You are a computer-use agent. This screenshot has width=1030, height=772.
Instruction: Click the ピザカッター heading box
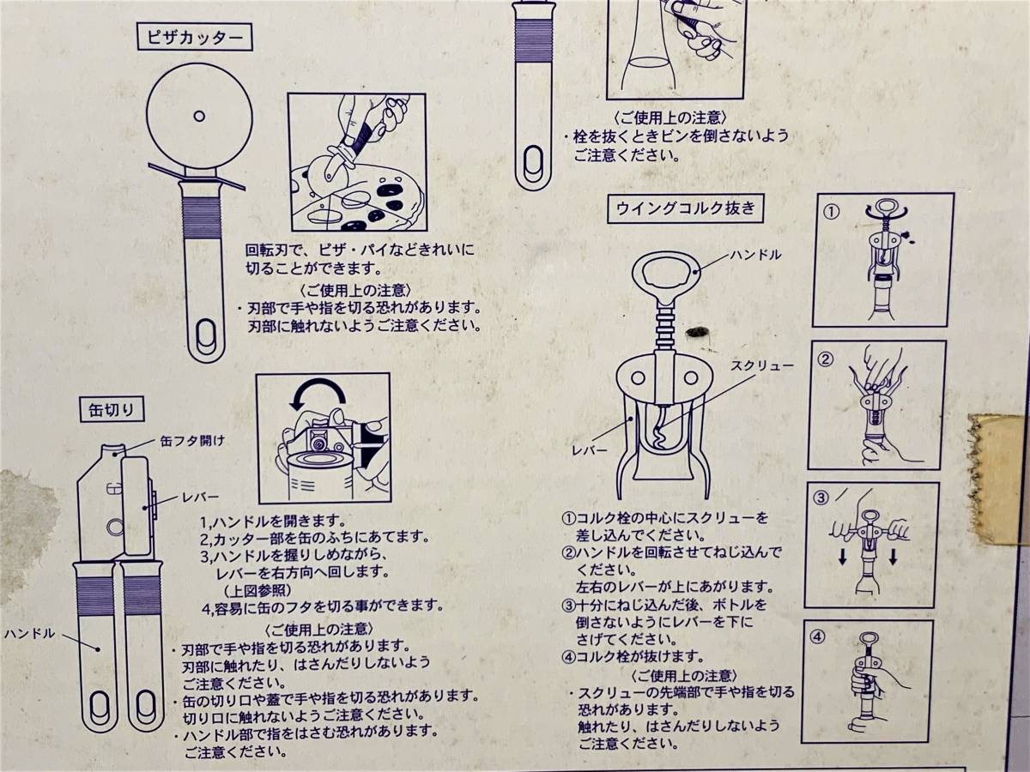(195, 38)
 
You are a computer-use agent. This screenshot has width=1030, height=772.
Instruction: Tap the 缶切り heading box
(112, 410)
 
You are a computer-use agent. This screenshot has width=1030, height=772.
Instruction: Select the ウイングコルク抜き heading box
(685, 208)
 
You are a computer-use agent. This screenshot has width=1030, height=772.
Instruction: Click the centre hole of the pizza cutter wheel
(199, 116)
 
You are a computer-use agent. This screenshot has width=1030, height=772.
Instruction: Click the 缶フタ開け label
(192, 441)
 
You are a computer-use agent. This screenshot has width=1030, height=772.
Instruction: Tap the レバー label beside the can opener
(200, 497)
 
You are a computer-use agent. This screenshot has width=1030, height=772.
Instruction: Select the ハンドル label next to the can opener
(29, 634)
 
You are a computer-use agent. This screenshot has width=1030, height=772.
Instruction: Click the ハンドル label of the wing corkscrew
(755, 255)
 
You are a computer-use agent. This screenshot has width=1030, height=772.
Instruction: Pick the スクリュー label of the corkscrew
(762, 365)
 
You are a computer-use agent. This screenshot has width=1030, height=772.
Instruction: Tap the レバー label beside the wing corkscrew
(590, 450)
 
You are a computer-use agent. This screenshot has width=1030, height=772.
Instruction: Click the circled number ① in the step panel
(832, 212)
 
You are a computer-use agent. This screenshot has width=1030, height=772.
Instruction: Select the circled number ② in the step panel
(826, 359)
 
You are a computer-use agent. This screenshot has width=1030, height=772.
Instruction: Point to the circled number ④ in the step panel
(818, 637)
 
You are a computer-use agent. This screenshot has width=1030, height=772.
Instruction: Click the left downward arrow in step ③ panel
(843, 557)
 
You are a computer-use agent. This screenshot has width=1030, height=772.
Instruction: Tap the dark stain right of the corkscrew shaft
(696, 332)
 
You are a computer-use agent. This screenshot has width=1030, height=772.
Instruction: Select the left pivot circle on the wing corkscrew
(638, 377)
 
